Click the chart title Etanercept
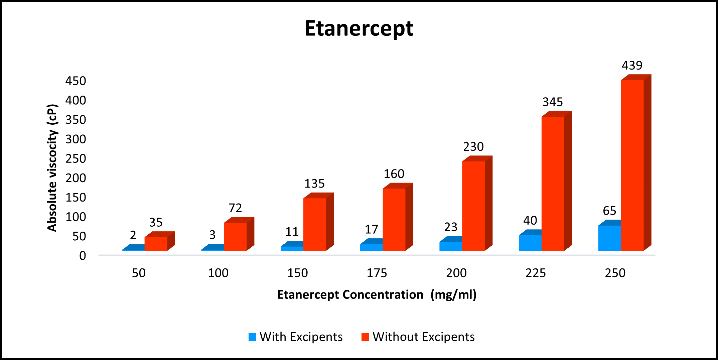click(x=359, y=28)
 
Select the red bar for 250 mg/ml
click(x=632, y=165)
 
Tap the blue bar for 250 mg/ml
click(x=609, y=238)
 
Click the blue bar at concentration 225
click(x=530, y=243)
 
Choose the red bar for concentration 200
click(x=473, y=206)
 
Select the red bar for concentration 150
click(x=315, y=224)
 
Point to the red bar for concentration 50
click(x=156, y=243)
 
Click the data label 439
click(x=632, y=65)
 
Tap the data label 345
click(x=553, y=102)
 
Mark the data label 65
click(x=609, y=211)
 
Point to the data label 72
click(x=235, y=208)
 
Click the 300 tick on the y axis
click(x=76, y=139)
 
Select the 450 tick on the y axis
click(x=76, y=81)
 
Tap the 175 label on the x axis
click(x=377, y=273)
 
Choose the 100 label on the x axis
click(x=218, y=273)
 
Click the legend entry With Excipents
click(x=301, y=337)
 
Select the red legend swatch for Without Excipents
click(x=365, y=337)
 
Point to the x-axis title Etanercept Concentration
click(x=350, y=295)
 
